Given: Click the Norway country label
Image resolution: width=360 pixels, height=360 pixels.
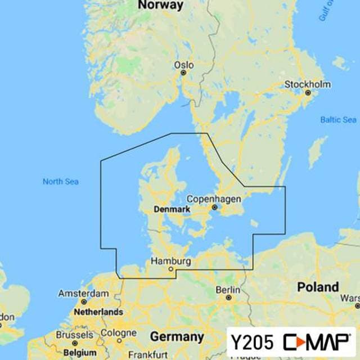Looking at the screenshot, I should (x=161, y=5).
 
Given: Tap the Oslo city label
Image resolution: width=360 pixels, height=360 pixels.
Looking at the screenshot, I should (x=183, y=65).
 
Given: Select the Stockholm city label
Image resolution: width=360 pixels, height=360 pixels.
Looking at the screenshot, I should (x=307, y=84).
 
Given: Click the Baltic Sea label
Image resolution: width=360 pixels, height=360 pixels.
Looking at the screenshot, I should (x=338, y=120).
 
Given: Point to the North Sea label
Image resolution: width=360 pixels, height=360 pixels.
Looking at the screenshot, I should (x=61, y=181).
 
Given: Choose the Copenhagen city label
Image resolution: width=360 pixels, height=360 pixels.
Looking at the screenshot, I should (x=214, y=199).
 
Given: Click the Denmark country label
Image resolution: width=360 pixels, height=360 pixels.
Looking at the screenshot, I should (x=171, y=210).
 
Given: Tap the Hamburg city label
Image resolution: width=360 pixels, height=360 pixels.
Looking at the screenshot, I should (x=171, y=262).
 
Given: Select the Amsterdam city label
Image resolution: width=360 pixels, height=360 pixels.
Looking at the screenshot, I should (x=84, y=294).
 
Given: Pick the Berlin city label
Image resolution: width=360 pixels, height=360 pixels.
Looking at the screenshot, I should (x=228, y=290).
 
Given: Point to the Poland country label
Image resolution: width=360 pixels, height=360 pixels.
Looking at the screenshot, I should (x=318, y=287).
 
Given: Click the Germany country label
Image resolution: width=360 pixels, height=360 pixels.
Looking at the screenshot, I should (x=177, y=337).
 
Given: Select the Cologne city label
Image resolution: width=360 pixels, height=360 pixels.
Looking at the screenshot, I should (x=119, y=333).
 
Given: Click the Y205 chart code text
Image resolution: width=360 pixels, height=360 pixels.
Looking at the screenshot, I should (x=252, y=341).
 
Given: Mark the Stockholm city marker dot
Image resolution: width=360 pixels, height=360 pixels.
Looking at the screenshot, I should (x=308, y=92).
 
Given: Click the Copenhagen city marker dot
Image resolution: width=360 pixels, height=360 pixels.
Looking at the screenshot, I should (x=214, y=207).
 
